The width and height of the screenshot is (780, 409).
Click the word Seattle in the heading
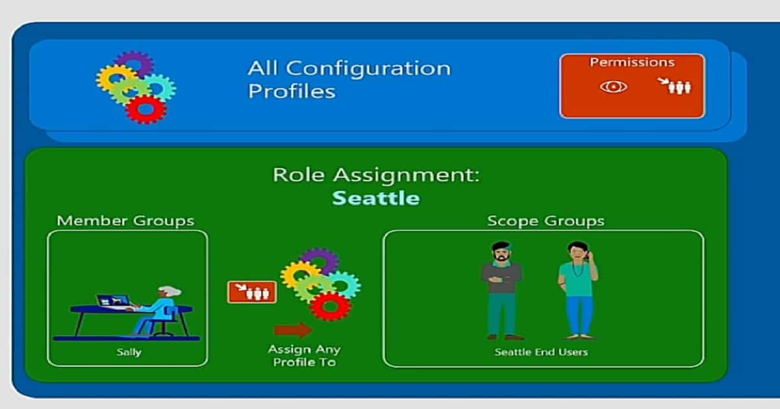pos(376,198)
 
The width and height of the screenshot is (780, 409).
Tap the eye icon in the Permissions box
pos(613,87)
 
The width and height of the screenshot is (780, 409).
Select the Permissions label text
pos(632,63)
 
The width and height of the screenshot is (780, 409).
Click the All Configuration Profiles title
pos(348,79)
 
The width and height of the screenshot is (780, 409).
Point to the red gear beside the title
pos(146,109)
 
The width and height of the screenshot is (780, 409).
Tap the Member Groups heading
pos(125,221)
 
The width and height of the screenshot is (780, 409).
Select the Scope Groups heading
pos(545,221)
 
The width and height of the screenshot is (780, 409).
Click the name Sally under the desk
pos(127,353)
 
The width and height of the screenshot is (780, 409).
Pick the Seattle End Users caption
pos(541,353)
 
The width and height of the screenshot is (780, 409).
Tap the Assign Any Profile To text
pos(304,356)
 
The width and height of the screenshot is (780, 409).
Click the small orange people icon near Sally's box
pos(252,292)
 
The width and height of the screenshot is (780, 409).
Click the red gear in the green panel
pos(331,306)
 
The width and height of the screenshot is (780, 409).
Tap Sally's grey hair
pos(170,291)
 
